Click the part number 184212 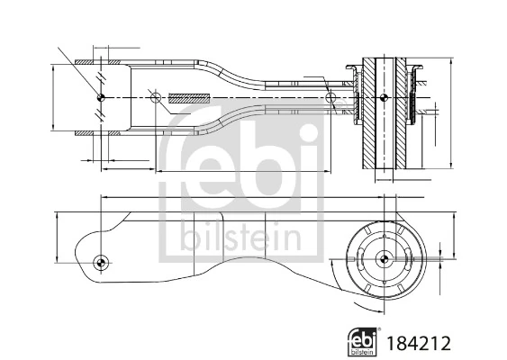[x=417, y=343]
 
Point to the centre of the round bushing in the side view [x=385, y=260]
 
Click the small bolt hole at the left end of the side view [x=101, y=263]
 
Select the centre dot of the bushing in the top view [x=385, y=96]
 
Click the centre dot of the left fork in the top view [x=101, y=96]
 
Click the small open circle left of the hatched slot [x=155, y=97]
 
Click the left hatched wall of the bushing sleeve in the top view [x=370, y=112]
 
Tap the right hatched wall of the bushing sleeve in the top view [x=400, y=112]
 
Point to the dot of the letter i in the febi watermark [x=305, y=135]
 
